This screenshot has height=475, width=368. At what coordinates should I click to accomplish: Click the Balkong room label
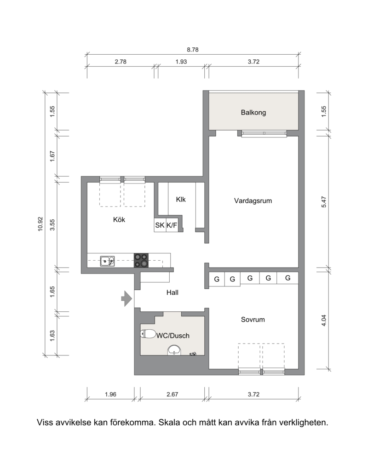click(x=253, y=112)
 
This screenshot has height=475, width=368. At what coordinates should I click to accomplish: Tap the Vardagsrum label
click(x=253, y=200)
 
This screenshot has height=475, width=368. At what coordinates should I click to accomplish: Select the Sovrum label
click(x=253, y=319)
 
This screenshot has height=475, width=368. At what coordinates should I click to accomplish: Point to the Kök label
click(x=119, y=219)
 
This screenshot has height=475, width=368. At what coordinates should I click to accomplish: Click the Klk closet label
click(x=181, y=199)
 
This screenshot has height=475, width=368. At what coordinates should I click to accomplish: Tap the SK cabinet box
click(x=160, y=225)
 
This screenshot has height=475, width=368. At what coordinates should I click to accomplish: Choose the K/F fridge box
click(x=172, y=225)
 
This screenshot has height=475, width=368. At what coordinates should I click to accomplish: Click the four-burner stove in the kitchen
click(x=141, y=260)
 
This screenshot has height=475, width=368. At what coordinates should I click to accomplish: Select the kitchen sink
click(x=107, y=261)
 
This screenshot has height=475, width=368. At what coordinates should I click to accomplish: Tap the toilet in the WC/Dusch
click(x=148, y=333)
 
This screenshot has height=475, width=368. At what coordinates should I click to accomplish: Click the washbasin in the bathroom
click(x=174, y=350)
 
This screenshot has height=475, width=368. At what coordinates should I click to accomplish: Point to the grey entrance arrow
click(x=126, y=299)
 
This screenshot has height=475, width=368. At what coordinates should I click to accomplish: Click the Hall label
click(x=172, y=292)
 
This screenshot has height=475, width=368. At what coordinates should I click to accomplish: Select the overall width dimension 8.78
click(x=193, y=50)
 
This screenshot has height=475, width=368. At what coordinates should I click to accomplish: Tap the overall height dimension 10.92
click(x=40, y=224)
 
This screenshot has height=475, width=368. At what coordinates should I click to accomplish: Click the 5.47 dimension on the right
click(x=324, y=202)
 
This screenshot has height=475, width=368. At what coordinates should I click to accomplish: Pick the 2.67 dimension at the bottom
click(x=172, y=394)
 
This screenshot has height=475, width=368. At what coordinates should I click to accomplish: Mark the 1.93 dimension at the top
click(x=181, y=62)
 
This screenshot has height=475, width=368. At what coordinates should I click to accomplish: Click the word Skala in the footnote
click(x=169, y=422)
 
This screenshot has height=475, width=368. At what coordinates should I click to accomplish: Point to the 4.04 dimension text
click(x=324, y=320)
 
